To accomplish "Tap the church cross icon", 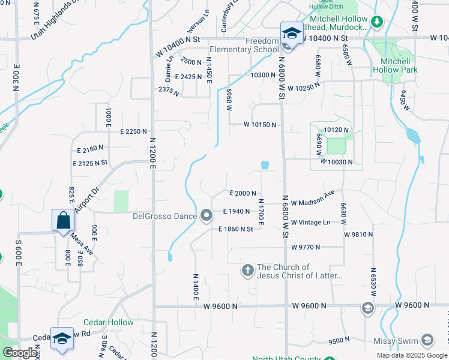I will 247,271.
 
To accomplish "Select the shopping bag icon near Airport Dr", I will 63,221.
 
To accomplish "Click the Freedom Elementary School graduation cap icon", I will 292,34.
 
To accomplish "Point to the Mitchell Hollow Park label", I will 396,65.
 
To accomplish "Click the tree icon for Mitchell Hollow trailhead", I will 376,23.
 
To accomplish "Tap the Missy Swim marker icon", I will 427,341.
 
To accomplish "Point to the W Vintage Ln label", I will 310,223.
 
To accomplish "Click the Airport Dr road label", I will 86,200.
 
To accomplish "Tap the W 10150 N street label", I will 260,125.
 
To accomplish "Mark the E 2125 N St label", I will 89,163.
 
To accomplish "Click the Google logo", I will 20,353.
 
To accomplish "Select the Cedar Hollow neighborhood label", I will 109,322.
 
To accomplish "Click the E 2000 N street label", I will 243,193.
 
